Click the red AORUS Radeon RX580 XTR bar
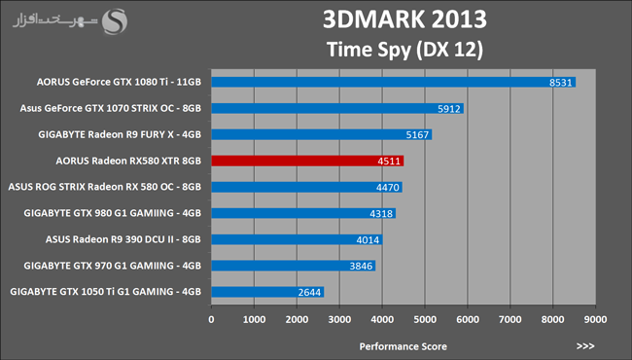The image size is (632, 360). [x=307, y=161]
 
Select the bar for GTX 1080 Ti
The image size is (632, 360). [x=394, y=83]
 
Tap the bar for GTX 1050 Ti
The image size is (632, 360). [x=267, y=292]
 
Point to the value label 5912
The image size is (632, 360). [x=449, y=109]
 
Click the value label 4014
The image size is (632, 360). [x=368, y=240]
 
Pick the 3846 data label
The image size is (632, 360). [x=361, y=266]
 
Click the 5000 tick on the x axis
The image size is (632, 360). [x=425, y=320]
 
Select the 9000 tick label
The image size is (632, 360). [x=595, y=320]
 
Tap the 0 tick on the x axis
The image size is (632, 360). [x=212, y=320]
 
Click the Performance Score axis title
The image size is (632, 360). [x=404, y=346]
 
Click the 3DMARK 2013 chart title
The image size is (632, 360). [x=404, y=19]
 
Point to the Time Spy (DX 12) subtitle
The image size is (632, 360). [x=404, y=50]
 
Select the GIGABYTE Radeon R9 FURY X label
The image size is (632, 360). [x=120, y=134]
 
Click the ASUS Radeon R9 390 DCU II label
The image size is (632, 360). [x=123, y=239]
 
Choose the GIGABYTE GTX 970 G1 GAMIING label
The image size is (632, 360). [x=113, y=266]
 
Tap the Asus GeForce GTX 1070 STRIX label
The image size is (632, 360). [x=111, y=108]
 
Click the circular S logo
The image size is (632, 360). [x=115, y=21]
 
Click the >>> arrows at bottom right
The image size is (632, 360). [x=585, y=345]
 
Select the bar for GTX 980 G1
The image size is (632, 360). [x=303, y=213]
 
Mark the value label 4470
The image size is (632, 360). [x=388, y=188]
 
